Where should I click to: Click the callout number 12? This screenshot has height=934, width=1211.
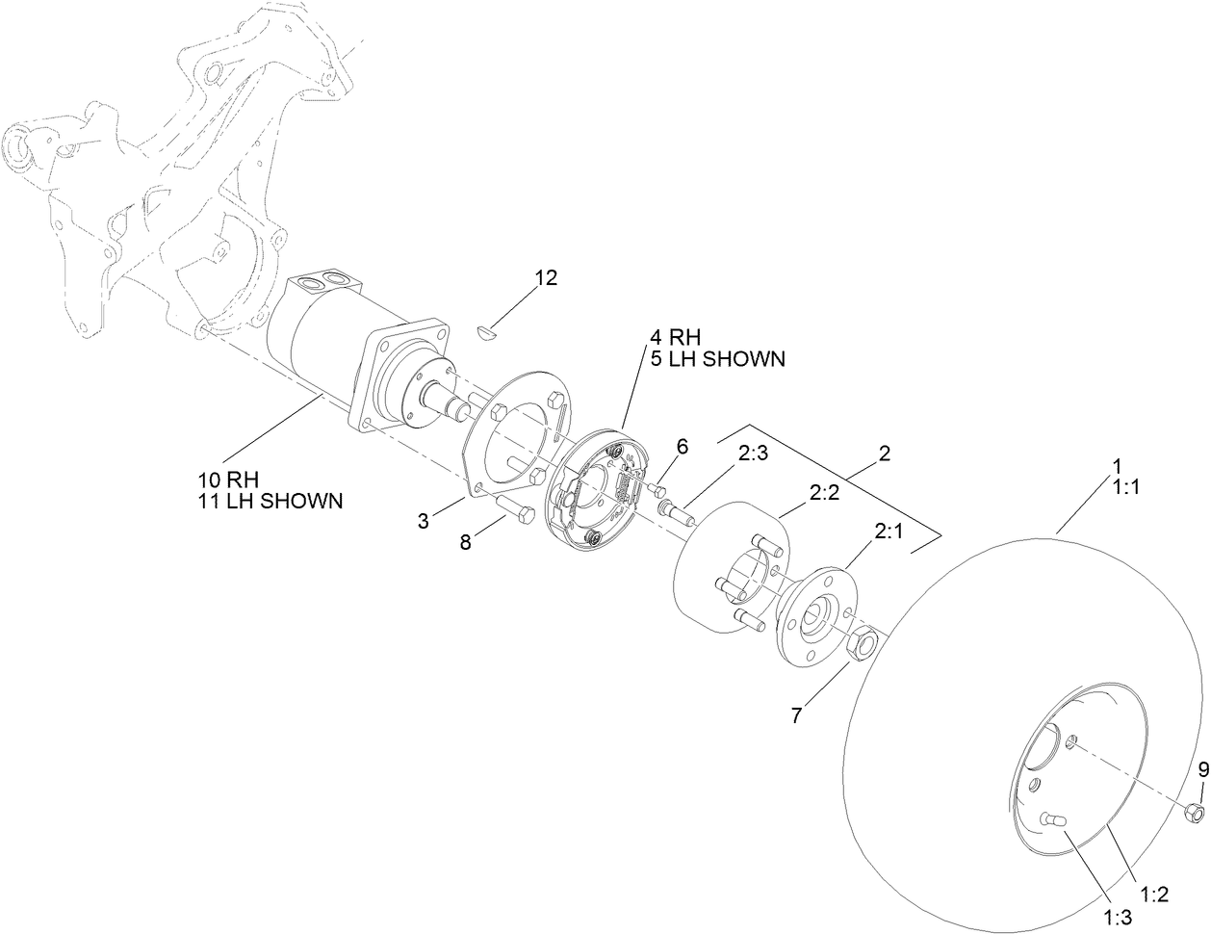point(546,278)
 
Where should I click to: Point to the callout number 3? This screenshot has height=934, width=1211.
point(424,522)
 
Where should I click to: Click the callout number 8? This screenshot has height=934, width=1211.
point(466,542)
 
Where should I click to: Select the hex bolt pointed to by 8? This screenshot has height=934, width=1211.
point(516,510)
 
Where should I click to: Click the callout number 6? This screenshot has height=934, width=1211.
point(683,447)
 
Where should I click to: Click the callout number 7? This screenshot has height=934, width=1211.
point(796,714)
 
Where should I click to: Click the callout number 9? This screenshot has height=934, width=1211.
point(1202,768)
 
